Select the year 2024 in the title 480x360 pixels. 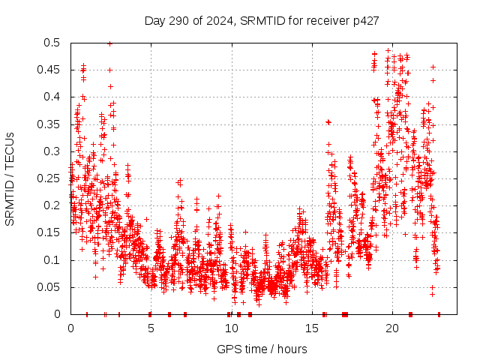221,20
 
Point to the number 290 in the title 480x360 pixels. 186,20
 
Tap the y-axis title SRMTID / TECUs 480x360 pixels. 10,178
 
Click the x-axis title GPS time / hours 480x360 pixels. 262,349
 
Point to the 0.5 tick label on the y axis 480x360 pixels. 54,43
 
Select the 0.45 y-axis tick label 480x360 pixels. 51,70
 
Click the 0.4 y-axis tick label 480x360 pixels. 54,97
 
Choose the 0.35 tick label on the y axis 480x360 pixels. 51,124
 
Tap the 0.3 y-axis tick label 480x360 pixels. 54,151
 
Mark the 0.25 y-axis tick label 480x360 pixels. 51,178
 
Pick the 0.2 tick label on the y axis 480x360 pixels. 54,205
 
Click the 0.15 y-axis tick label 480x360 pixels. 51,233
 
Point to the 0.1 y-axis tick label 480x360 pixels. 54,260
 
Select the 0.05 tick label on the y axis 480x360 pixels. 51,287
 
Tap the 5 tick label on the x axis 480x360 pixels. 151,328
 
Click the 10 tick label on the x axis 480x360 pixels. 231,328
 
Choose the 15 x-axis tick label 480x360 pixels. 311,328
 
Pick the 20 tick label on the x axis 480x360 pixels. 391,328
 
